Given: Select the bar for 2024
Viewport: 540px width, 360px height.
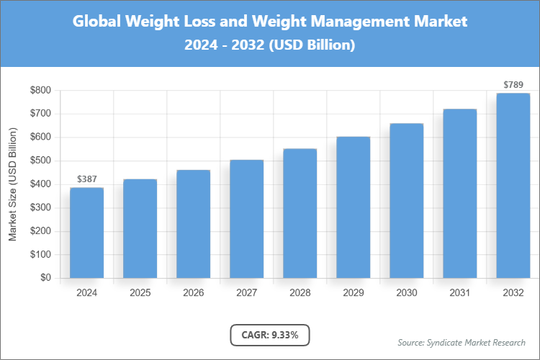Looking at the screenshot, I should (87, 233).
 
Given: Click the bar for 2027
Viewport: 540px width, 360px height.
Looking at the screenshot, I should (247, 219).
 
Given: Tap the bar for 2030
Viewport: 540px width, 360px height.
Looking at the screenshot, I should (407, 200).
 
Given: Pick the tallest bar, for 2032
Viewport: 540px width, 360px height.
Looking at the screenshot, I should (513, 185).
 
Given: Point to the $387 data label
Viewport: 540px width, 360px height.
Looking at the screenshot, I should (87, 179).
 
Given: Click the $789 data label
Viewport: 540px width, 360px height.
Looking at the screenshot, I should (513, 85).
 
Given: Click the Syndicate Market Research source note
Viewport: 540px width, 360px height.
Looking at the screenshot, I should (462, 342).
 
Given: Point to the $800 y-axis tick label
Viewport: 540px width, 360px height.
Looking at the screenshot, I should (40, 91).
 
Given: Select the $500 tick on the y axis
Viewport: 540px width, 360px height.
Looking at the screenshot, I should (40, 161).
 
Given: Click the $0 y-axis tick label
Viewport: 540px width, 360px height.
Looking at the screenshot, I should (45, 278).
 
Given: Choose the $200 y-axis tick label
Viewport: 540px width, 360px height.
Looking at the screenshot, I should (40, 231).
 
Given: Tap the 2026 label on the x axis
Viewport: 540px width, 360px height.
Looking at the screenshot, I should (194, 293).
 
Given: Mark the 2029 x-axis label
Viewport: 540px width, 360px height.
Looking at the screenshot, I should (354, 293).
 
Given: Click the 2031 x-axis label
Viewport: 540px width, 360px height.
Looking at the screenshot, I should (460, 293).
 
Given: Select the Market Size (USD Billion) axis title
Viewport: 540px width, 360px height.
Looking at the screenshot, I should (12, 184).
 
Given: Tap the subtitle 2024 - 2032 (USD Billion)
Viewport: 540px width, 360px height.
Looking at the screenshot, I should (270, 45).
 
